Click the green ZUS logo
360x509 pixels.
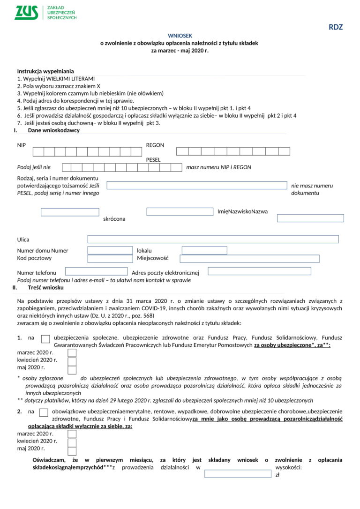click(26, 13)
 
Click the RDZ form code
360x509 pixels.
click(336, 27)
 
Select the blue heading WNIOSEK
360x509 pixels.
click(180, 36)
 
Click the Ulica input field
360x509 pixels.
click(213, 239)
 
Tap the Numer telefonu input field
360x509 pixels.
click(96, 271)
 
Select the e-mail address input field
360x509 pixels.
click(259, 271)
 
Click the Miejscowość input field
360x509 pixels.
click(249, 259)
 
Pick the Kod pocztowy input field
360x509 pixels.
click(110, 259)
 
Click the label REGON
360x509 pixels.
click(155, 145)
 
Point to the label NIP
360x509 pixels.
click(22, 145)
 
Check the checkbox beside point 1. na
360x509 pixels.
click(45, 339)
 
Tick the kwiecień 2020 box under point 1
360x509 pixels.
click(72, 360)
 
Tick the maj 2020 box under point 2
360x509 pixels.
click(72, 451)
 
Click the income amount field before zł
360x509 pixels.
click(238, 474)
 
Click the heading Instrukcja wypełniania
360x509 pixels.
click(45, 71)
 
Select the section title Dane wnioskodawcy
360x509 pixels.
click(53, 130)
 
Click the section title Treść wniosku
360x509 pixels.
click(45, 287)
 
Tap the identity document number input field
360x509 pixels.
click(196, 186)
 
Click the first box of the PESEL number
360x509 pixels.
click(67, 167)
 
